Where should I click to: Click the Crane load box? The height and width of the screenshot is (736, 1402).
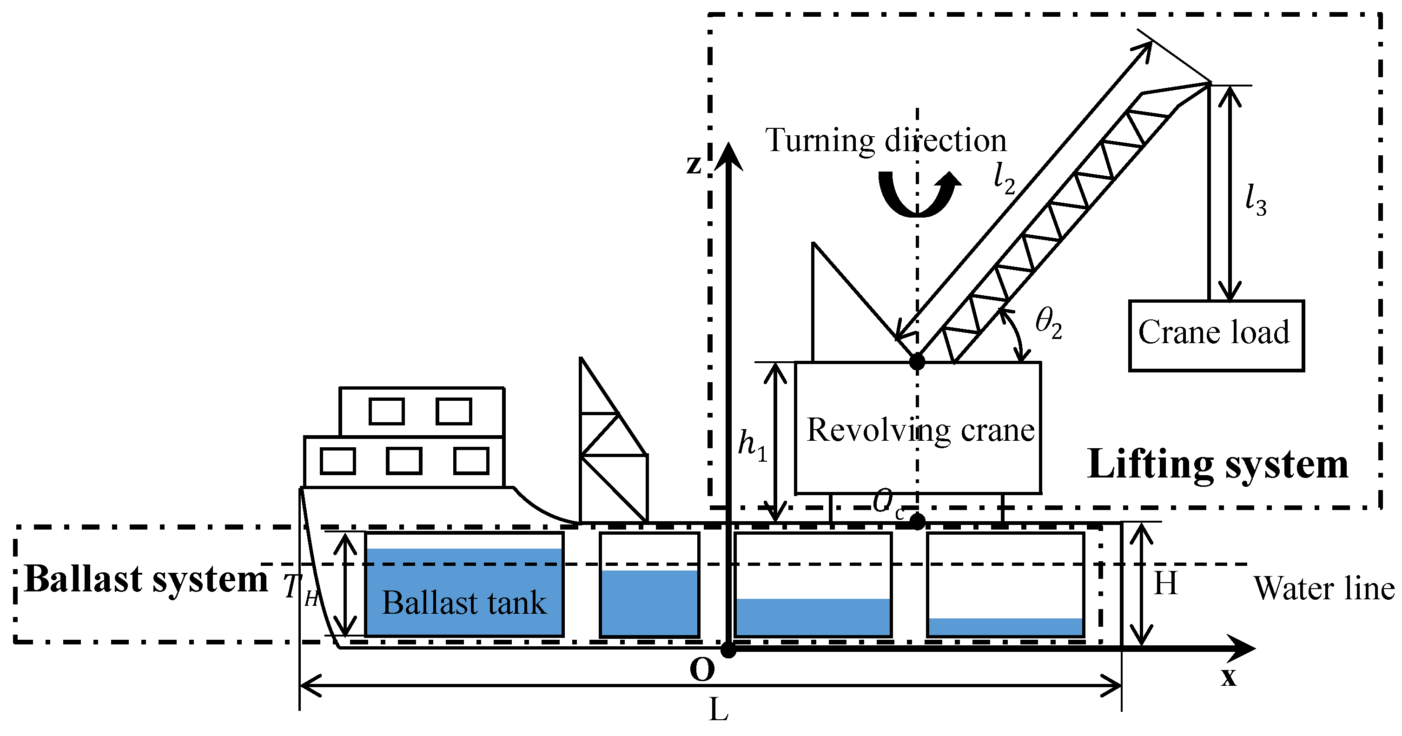pos(1216,335)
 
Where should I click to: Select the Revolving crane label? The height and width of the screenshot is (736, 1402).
pos(920,430)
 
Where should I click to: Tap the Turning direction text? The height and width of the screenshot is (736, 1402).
pos(886,140)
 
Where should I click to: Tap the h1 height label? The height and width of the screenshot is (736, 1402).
pos(752,445)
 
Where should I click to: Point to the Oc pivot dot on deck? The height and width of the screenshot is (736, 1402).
pos(918,522)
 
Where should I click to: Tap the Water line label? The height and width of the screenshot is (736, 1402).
pos(1323,589)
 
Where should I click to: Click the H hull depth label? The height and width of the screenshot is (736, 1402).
pos(1166,583)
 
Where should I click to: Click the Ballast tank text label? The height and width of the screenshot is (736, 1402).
pos(464,603)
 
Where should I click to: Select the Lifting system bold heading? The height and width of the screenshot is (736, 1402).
pos(1217,464)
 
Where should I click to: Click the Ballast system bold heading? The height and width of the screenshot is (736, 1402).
pos(146,579)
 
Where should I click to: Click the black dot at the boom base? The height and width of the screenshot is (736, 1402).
pos(917,361)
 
